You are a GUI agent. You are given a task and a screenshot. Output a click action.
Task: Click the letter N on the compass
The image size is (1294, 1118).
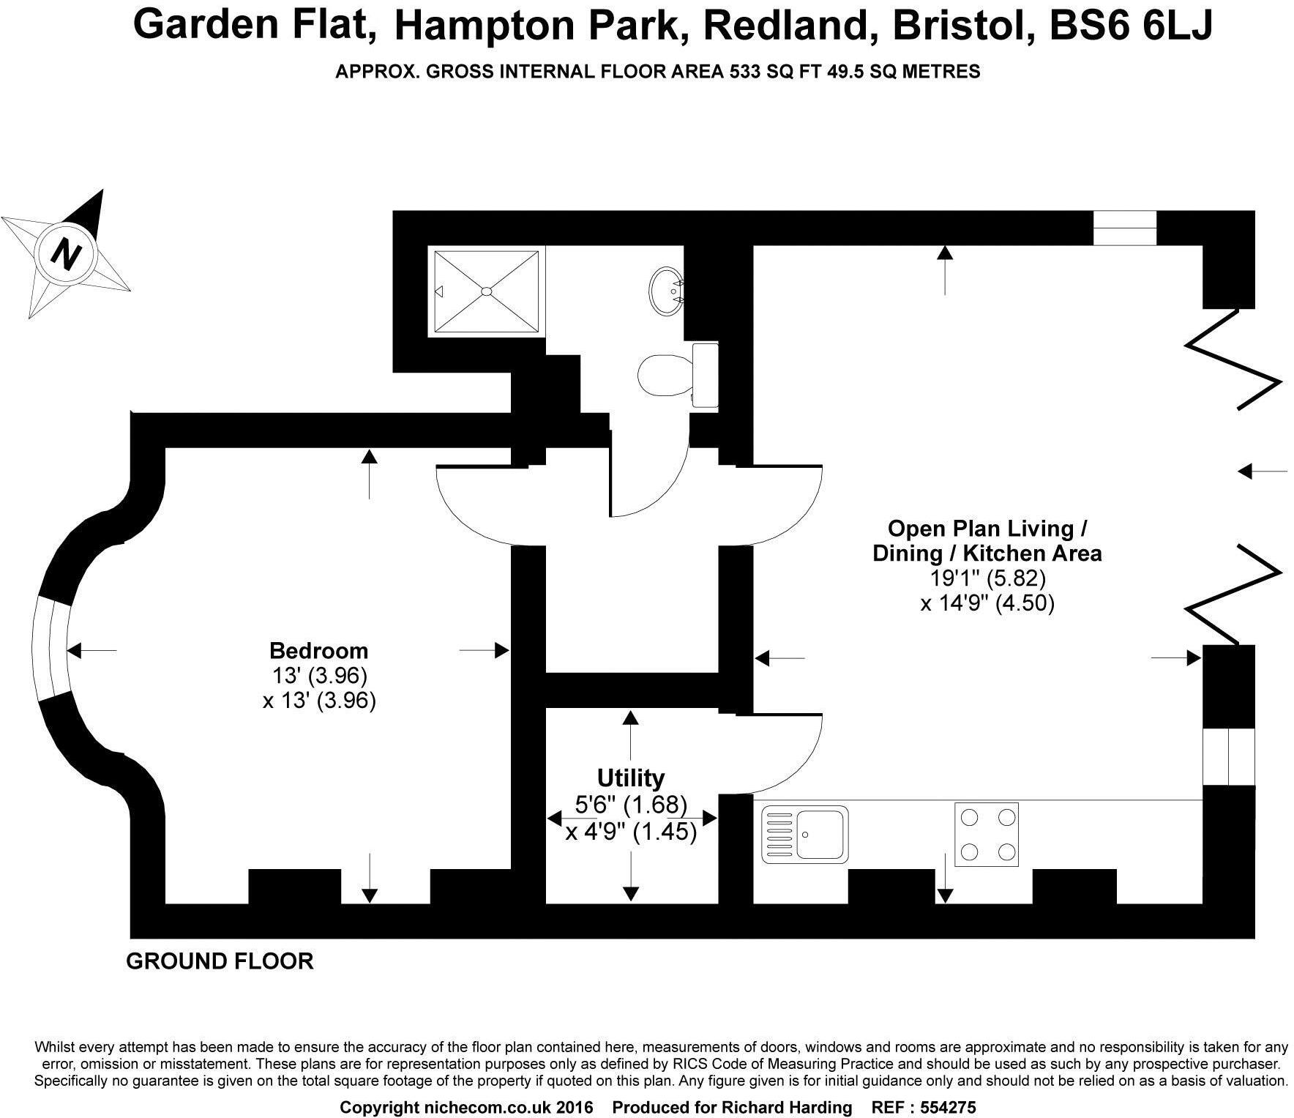[x=67, y=254]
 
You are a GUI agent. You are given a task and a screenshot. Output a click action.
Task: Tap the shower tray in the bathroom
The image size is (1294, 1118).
[x=487, y=292]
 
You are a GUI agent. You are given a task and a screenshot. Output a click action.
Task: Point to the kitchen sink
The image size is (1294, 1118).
[x=805, y=833]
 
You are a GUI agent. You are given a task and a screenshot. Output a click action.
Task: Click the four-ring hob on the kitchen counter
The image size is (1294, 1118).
[x=986, y=833]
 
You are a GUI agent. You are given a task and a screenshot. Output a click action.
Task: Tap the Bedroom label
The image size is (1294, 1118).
[x=318, y=650]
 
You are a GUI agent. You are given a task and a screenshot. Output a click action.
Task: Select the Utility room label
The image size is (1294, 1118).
[x=630, y=777]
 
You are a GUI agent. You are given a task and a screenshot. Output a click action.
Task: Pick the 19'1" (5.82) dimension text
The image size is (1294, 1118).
[x=987, y=578]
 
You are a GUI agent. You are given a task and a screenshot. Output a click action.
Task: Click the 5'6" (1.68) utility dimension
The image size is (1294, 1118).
[x=630, y=805]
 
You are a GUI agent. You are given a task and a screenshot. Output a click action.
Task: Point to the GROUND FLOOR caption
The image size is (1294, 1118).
[x=220, y=961]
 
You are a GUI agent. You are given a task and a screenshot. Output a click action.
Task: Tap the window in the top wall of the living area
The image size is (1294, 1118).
[x=1124, y=228]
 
